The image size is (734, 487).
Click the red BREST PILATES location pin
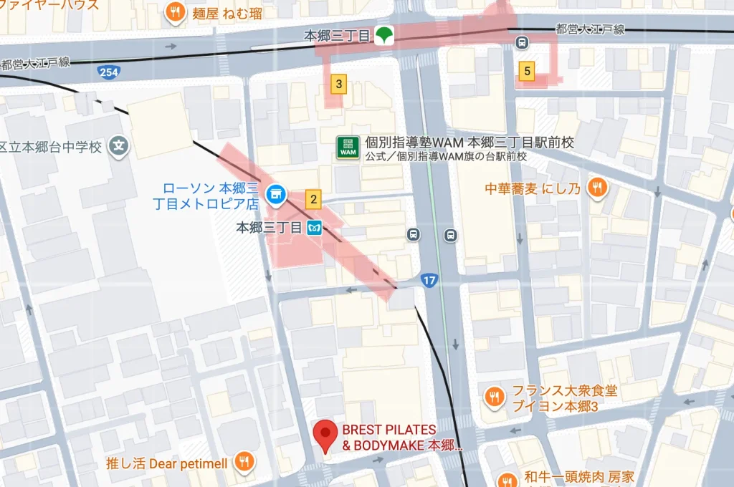click(x=326, y=434)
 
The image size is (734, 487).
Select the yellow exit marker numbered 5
click(x=527, y=70)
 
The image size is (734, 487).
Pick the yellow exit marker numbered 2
click(x=313, y=198)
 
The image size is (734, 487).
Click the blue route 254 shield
click(x=110, y=72)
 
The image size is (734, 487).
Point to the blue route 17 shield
click(x=429, y=280)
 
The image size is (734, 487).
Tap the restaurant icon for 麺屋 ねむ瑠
click(x=173, y=12)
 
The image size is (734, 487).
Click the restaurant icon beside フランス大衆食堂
click(x=494, y=397)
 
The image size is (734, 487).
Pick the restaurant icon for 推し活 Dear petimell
click(x=244, y=463)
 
